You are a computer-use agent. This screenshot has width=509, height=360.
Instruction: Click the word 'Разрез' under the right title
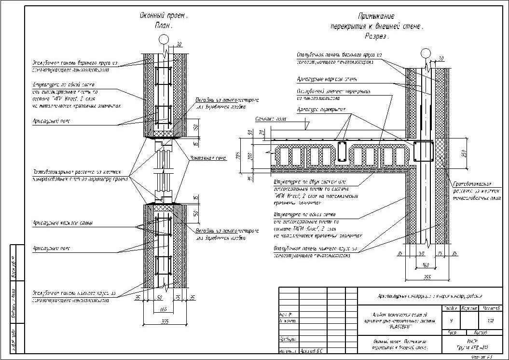coord(377,36)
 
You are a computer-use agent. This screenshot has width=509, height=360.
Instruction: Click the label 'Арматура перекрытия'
coord(321,109)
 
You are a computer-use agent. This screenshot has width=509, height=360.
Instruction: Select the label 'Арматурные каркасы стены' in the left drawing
coord(63,223)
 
